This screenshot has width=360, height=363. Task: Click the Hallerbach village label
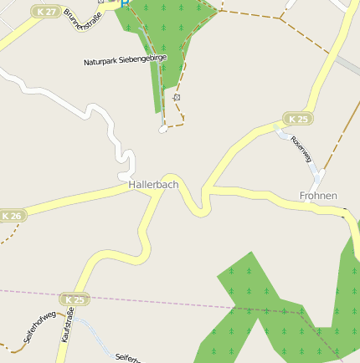click(153, 184)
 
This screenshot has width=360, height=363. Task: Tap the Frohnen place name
click(318, 196)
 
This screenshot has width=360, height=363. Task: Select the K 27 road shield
click(46, 12)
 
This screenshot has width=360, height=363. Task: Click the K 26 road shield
click(11, 216)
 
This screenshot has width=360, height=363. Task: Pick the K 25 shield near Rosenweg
click(297, 119)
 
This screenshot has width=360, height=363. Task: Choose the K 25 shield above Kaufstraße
click(75, 299)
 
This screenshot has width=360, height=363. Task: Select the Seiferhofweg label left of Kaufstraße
click(39, 326)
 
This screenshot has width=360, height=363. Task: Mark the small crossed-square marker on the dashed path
click(177, 98)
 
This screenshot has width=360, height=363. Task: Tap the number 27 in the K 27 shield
click(50, 12)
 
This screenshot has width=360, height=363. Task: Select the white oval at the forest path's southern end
click(163, 129)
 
